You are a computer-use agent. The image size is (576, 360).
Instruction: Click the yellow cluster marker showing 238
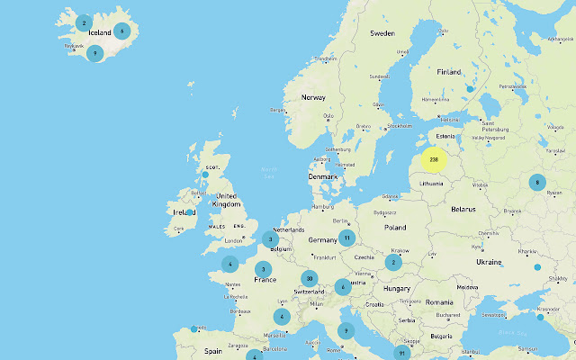click(434, 159)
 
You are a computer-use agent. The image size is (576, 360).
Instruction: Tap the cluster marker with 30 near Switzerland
click(310, 278)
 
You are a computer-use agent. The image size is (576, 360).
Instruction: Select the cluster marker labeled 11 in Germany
click(346, 238)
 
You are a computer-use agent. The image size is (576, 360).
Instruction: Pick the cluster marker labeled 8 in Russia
click(536, 182)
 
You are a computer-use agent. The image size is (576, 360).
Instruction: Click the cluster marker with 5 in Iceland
click(121, 31)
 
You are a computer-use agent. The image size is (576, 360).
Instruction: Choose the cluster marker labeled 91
click(401, 353)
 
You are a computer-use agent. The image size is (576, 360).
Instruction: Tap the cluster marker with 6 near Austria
click(342, 287)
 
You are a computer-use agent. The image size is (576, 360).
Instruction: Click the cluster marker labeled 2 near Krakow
click(393, 263)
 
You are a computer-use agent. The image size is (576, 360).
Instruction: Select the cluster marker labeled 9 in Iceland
click(94, 53)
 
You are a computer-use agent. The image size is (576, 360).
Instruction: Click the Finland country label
click(448, 72)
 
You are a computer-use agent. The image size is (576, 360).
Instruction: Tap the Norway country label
click(313, 97)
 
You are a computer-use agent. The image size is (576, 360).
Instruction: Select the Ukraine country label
click(489, 261)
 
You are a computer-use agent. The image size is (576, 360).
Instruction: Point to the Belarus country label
click(463, 209)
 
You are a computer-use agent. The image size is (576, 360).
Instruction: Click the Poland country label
click(396, 228)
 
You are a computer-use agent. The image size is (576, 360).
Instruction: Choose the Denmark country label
click(322, 176)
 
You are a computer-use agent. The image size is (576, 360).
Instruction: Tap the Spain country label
click(213, 351)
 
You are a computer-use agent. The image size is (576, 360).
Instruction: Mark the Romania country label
click(440, 301)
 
